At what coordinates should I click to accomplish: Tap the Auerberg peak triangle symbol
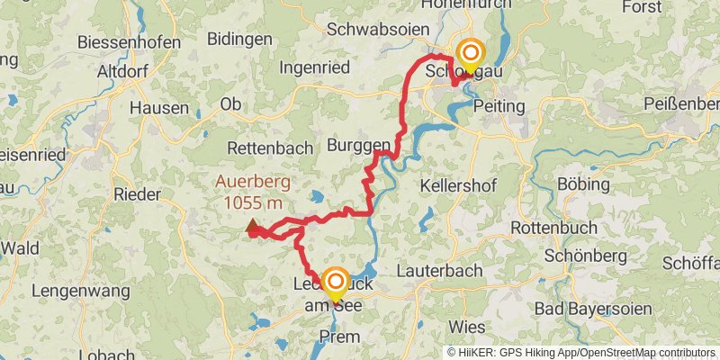click(252, 228)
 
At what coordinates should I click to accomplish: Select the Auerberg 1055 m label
click(253, 193)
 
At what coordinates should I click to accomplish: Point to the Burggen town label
click(358, 145)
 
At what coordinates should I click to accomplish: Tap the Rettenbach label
click(270, 148)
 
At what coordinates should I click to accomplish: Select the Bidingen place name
click(239, 39)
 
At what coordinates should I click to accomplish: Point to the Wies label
click(465, 324)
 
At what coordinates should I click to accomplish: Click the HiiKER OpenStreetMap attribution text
click(581, 353)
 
